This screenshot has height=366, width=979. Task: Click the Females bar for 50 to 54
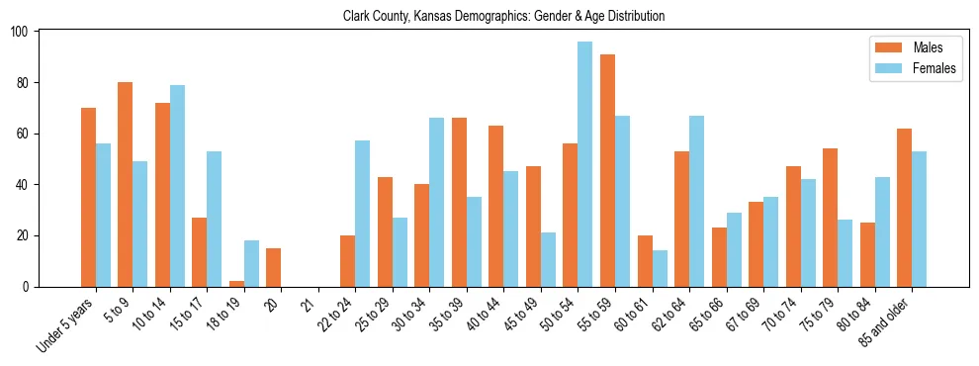[x=585, y=164]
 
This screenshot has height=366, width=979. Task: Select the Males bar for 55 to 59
[x=607, y=170]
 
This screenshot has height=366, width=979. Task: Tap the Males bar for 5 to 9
[x=125, y=184]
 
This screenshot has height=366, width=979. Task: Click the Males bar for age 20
[x=274, y=267]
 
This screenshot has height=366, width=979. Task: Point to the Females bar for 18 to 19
[x=251, y=263]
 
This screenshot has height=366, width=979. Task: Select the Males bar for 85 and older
[x=904, y=208]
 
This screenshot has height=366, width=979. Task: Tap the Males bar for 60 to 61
[x=645, y=261]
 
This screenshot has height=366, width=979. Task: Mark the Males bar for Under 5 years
[x=88, y=197]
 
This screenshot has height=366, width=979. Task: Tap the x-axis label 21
[x=308, y=298]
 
